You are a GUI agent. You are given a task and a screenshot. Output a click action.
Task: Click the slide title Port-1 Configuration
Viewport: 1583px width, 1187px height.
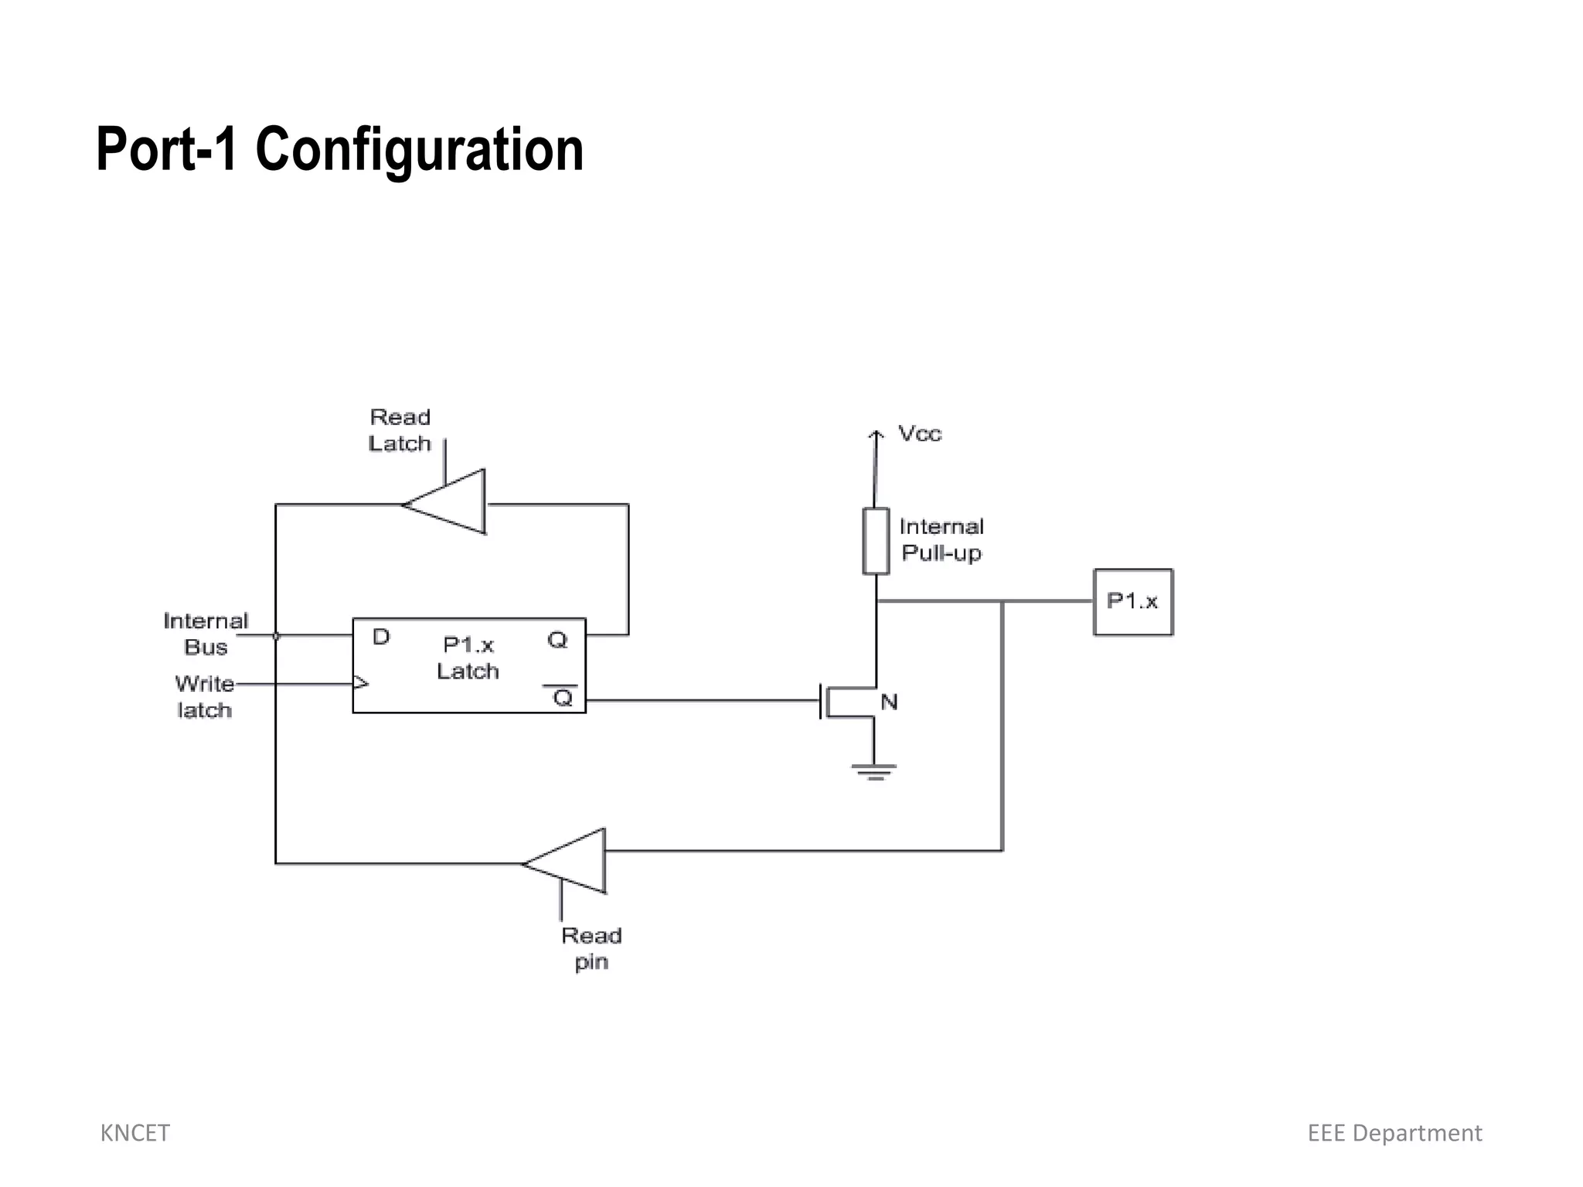(x=339, y=149)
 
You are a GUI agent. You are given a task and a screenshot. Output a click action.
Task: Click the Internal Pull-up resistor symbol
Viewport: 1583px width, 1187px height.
(x=875, y=541)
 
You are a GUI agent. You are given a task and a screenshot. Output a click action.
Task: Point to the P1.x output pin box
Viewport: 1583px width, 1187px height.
(x=1132, y=602)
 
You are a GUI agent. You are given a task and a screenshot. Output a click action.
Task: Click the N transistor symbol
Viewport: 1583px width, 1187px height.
(x=850, y=702)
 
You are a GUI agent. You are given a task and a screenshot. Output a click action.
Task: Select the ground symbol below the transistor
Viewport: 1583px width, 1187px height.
(x=874, y=771)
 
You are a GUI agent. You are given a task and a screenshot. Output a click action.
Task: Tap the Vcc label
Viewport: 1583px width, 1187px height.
(x=920, y=434)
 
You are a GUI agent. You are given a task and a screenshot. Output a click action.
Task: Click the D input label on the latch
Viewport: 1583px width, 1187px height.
(x=381, y=638)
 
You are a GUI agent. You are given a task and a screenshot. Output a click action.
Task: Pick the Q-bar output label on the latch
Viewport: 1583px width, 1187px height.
(x=563, y=698)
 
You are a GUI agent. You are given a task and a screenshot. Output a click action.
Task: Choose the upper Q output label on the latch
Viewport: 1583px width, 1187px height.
(x=557, y=640)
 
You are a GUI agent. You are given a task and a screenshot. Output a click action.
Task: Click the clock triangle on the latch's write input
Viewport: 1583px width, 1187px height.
(x=360, y=683)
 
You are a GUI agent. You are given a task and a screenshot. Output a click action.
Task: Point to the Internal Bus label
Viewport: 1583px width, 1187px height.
(x=206, y=634)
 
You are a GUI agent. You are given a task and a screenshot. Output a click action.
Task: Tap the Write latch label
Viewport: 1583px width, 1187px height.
(x=205, y=696)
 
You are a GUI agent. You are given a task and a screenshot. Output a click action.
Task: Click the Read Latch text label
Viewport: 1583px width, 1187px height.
(x=400, y=430)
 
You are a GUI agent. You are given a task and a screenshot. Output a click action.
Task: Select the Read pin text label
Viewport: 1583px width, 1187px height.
(x=591, y=948)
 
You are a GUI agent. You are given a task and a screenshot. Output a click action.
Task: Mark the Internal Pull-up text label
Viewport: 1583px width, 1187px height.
(x=941, y=539)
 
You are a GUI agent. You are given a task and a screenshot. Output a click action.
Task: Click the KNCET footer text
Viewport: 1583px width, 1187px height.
(x=135, y=1133)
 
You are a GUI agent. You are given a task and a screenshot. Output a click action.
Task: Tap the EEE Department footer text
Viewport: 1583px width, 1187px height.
(x=1394, y=1133)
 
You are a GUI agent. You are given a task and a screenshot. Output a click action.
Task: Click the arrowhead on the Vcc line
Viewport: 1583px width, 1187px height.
(x=875, y=436)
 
